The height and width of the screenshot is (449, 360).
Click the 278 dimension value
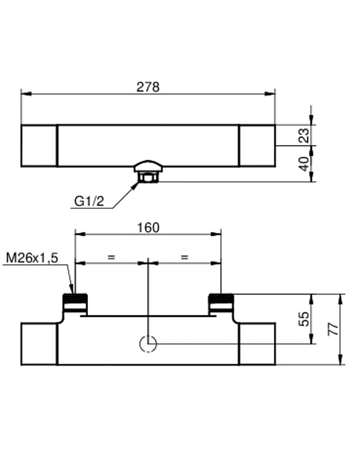click(x=147, y=87)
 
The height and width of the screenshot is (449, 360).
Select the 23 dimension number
click(x=304, y=135)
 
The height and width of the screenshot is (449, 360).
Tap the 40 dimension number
click(x=304, y=164)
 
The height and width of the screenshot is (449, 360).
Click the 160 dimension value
click(x=148, y=227)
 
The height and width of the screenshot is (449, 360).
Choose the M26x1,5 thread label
click(x=32, y=258)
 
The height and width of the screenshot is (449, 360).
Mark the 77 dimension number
click(x=333, y=329)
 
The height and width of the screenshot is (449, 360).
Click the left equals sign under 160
click(x=111, y=257)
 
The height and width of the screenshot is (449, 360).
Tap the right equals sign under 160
click(x=185, y=257)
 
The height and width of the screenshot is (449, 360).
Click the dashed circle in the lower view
click(x=149, y=344)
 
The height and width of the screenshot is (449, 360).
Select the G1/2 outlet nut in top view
click(x=148, y=177)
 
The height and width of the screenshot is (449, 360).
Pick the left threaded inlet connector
click(x=75, y=301)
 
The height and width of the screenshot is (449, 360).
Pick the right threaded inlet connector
click(x=221, y=301)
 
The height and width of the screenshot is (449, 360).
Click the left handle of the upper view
click(x=39, y=146)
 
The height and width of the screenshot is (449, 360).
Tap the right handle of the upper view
click(x=257, y=146)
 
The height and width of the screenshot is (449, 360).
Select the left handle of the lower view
click(x=39, y=344)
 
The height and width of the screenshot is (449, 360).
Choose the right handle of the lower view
click(x=257, y=344)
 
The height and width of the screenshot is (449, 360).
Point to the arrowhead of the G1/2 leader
click(x=137, y=185)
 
